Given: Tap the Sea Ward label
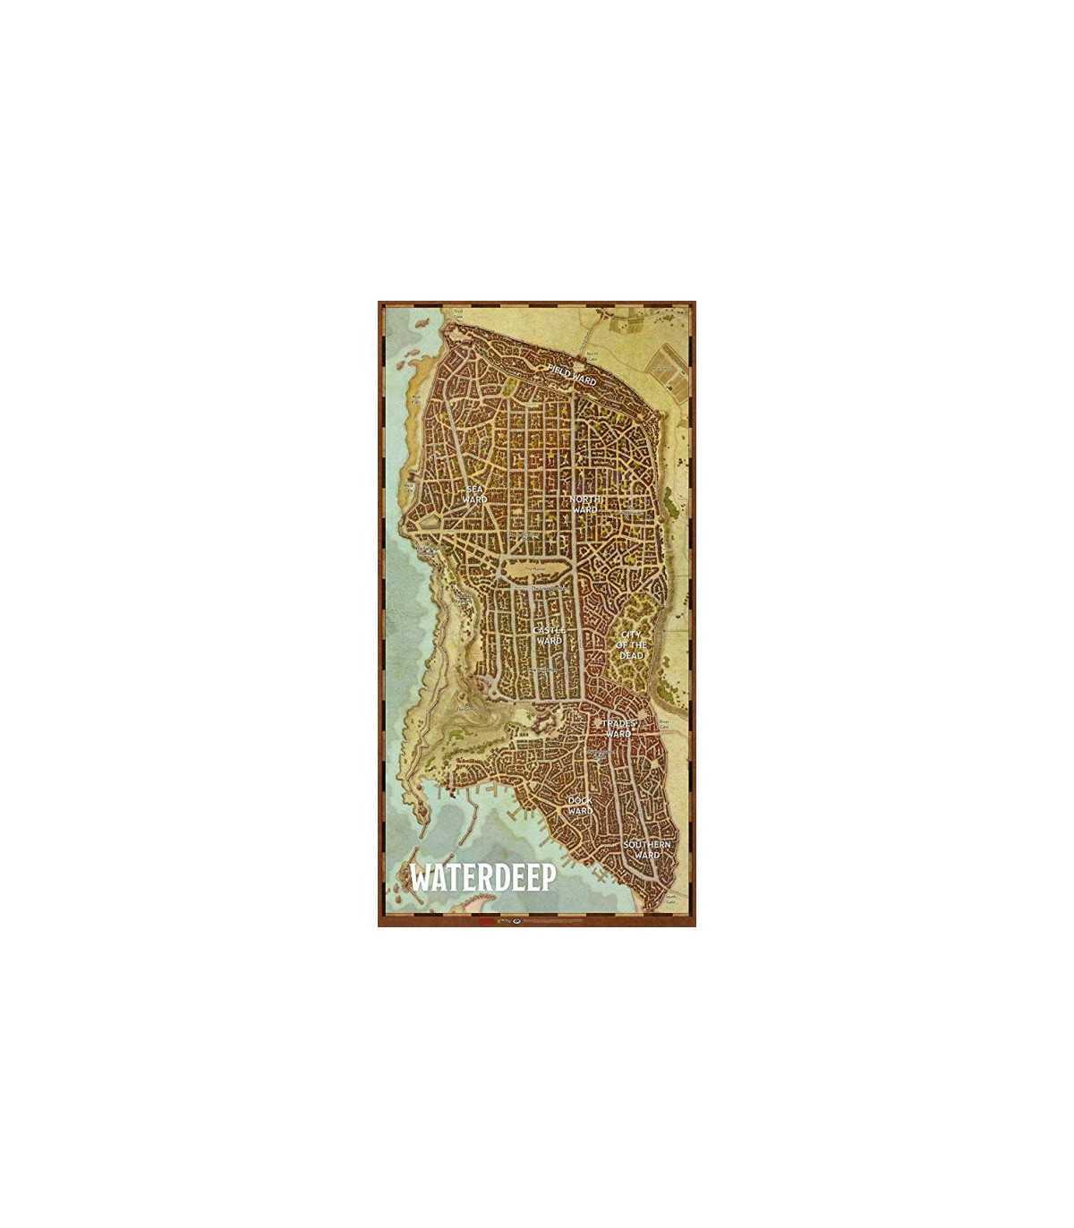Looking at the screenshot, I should (x=475, y=494).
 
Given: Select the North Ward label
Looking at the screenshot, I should (x=584, y=504).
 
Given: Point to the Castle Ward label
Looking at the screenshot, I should (x=547, y=635).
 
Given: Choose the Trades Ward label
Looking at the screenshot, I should (x=618, y=729).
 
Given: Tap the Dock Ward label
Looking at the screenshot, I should (x=580, y=806).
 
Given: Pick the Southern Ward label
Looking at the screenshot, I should (x=647, y=849).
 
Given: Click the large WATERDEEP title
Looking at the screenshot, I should (x=482, y=877).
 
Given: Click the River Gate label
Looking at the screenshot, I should (x=664, y=721).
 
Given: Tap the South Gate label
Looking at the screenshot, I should (x=670, y=902).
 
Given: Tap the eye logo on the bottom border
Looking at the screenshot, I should (x=515, y=919).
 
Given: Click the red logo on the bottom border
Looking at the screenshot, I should (x=484, y=919).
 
